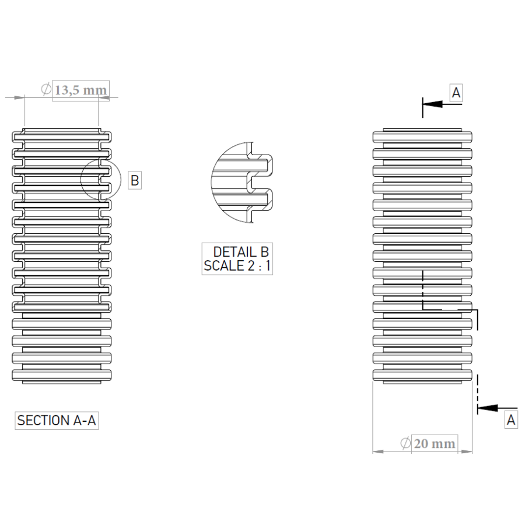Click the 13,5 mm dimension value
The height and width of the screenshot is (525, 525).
(x=80, y=90)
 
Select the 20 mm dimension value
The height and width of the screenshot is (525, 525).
(x=434, y=444)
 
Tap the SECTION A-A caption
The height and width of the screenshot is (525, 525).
(x=57, y=421)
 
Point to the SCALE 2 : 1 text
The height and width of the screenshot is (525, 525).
(x=237, y=266)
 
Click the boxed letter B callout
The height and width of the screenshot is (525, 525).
(x=135, y=180)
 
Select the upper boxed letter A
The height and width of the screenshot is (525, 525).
(x=456, y=92)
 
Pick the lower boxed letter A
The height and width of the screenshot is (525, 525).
(x=511, y=419)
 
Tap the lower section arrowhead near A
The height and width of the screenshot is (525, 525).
(x=488, y=408)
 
